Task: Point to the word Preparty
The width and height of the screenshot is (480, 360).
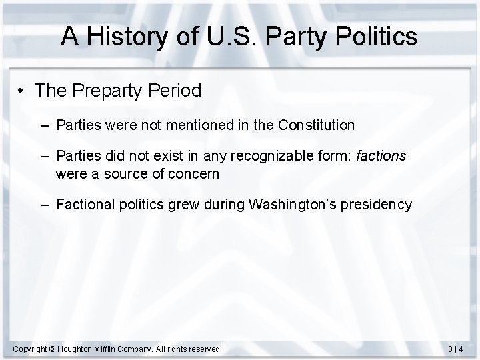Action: (103, 91)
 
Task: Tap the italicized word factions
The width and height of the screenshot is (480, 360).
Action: (381, 157)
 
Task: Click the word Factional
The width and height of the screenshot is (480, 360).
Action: (83, 205)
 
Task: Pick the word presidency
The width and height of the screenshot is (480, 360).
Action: (379, 205)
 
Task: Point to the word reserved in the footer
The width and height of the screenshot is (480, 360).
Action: (204, 349)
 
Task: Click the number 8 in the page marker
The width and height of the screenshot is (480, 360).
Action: (452, 349)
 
